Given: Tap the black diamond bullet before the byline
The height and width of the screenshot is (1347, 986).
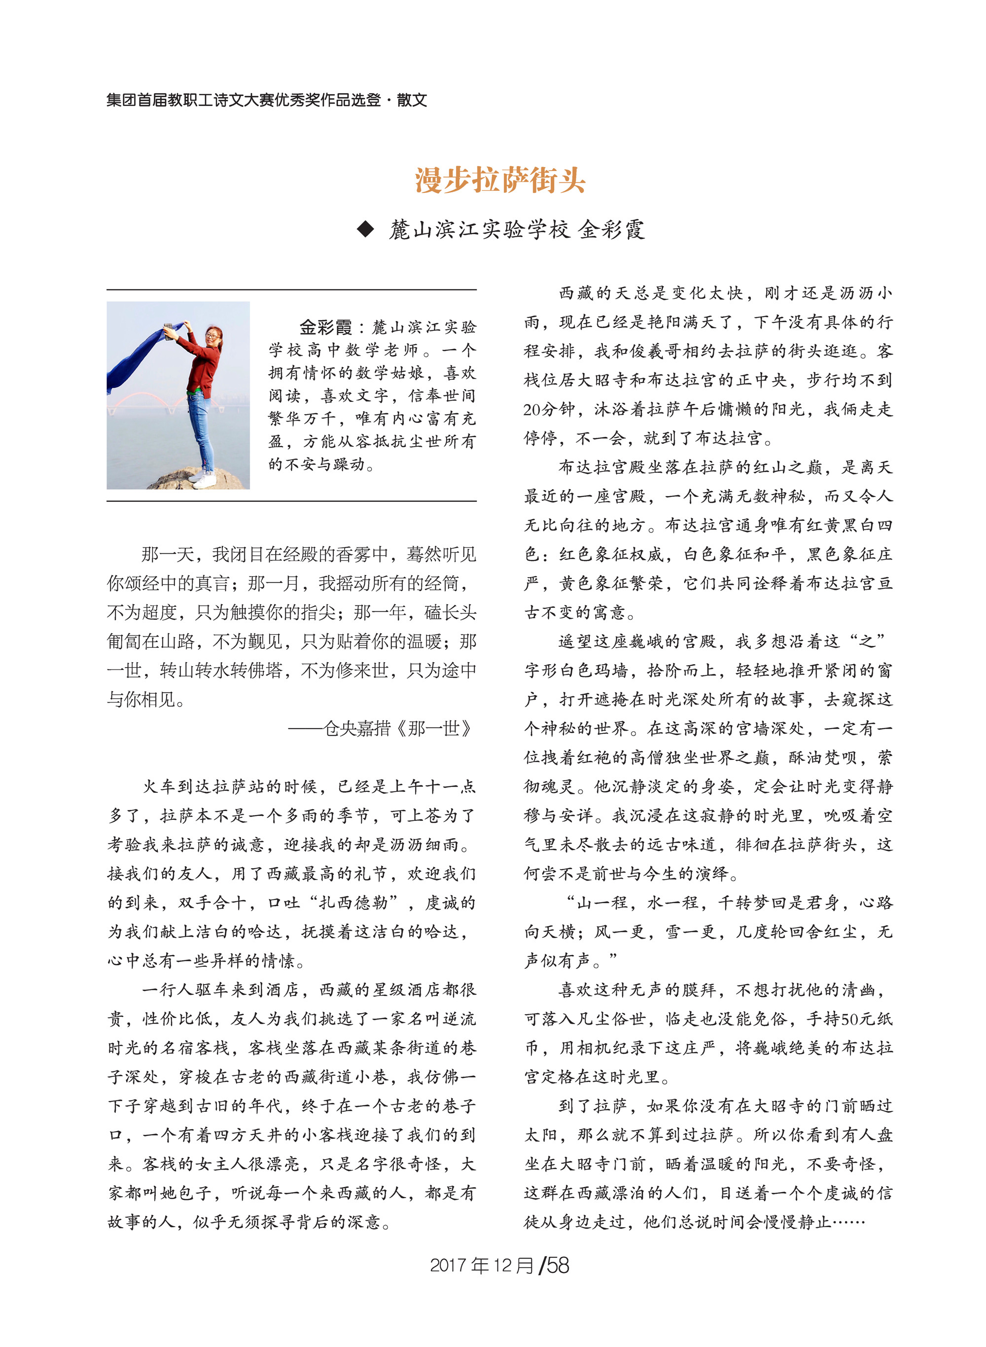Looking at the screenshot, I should pos(365,229).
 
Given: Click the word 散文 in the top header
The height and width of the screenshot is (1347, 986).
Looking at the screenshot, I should pos(412,100).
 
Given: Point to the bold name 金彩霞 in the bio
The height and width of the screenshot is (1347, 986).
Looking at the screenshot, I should pos(325,327).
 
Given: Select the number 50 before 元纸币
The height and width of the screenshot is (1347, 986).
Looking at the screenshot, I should pos(849,1019).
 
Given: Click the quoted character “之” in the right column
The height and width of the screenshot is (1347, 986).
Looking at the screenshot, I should pos(867,641).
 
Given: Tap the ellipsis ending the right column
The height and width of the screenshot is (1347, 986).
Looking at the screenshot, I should pos(848,1222).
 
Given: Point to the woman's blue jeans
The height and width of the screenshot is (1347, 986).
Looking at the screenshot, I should pos(201,426).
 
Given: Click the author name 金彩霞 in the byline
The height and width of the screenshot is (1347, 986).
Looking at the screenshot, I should pos(611,229).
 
